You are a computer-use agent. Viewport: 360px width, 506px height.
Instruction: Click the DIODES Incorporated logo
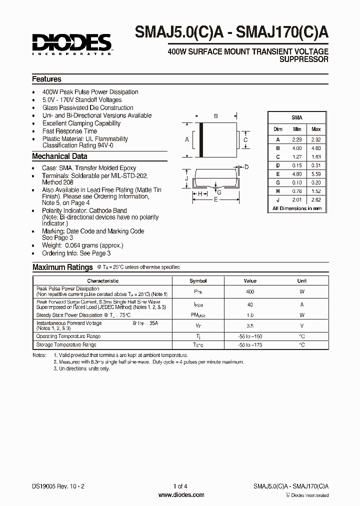[71, 43]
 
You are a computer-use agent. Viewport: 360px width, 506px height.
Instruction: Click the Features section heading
[46, 79]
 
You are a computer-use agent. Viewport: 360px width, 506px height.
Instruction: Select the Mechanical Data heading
[59, 156]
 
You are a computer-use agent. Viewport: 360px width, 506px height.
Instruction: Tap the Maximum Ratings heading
[62, 267]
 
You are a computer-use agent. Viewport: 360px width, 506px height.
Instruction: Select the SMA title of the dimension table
[297, 117]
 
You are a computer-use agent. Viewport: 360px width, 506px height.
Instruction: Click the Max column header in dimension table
[316, 129]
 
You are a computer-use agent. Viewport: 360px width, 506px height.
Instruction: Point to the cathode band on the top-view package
[201, 140]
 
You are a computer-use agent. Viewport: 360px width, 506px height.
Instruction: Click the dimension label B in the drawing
[216, 116]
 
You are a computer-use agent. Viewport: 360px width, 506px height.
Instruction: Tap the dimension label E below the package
[216, 199]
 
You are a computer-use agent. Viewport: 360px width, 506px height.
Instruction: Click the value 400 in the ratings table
[250, 291]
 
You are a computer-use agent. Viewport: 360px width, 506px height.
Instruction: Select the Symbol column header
[198, 281]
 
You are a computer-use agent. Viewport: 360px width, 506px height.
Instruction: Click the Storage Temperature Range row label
[66, 345]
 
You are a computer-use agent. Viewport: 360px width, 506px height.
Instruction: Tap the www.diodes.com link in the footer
[181, 495]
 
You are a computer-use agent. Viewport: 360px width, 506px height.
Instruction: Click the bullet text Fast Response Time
[69, 131]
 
